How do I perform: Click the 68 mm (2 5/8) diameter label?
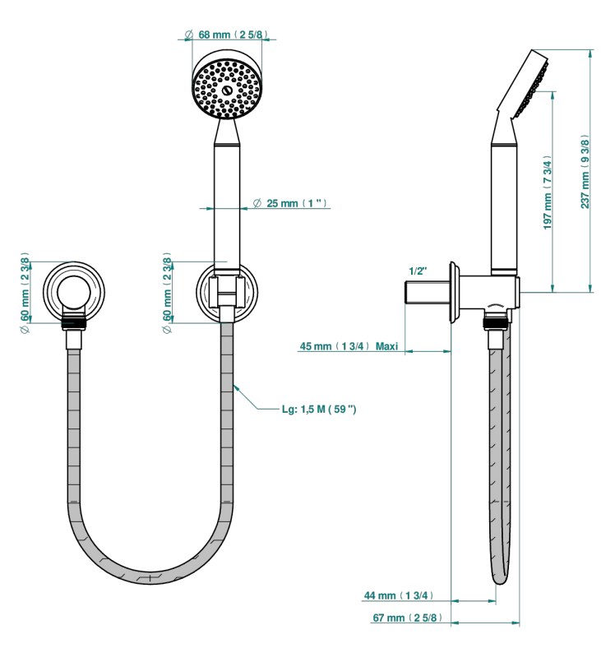coord(226,35)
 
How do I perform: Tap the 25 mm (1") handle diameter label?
coord(290,203)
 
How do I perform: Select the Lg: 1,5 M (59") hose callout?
coord(319,409)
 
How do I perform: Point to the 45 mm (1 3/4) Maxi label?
coord(349,346)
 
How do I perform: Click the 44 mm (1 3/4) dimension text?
coord(398,595)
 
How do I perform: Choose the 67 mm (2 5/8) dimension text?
coord(407,618)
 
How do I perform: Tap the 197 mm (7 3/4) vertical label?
coord(547,192)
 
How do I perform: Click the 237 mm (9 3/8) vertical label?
coord(585,171)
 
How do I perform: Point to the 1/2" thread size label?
coord(418,271)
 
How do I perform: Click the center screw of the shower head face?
coord(227,90)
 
